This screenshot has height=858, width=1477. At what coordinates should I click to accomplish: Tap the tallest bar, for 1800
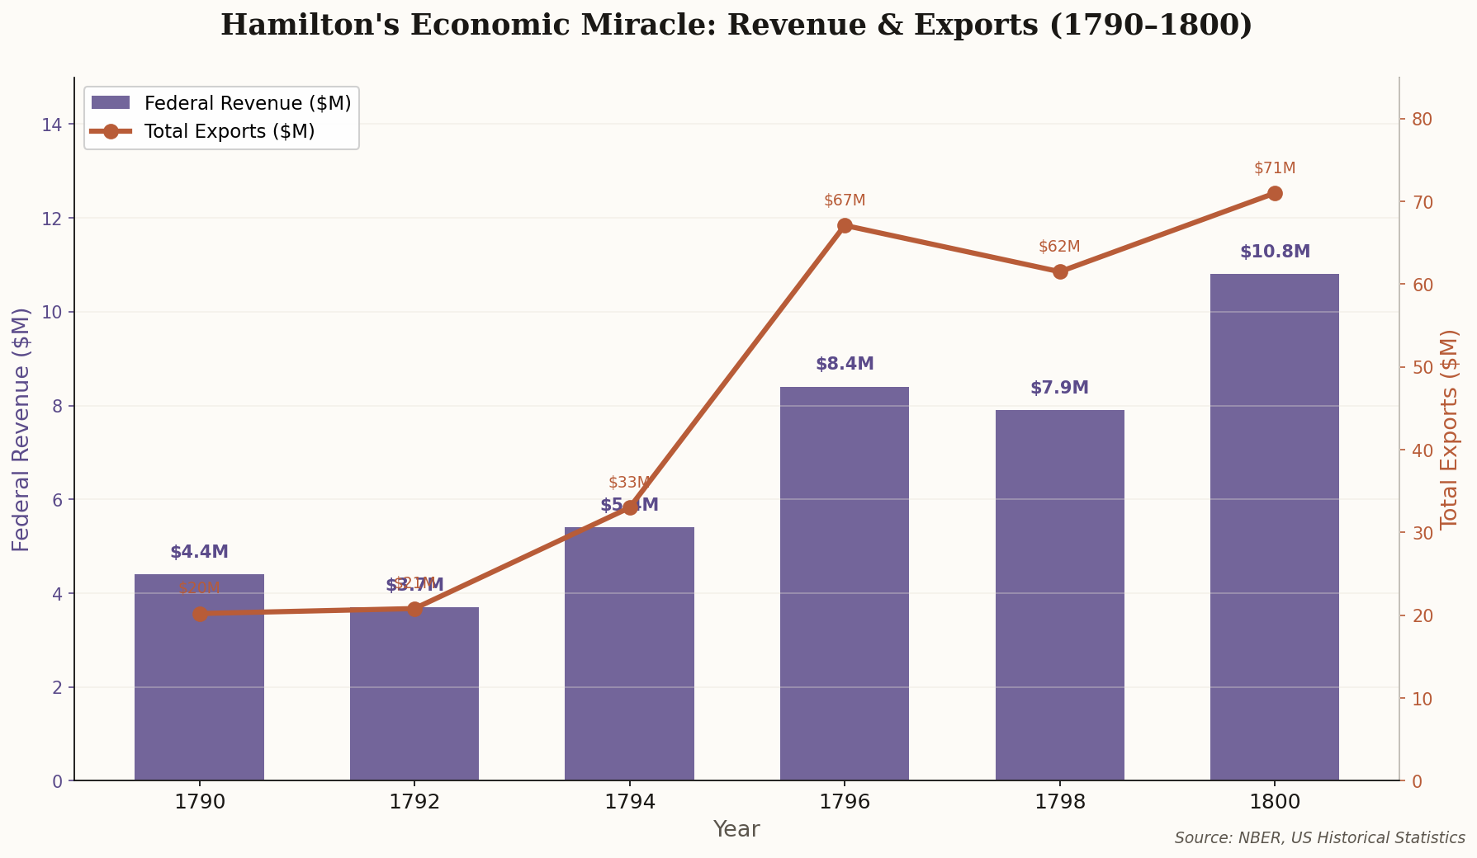click(1274, 527)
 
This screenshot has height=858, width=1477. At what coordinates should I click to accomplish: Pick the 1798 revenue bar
click(1059, 595)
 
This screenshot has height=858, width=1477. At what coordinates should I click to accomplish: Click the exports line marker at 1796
click(845, 226)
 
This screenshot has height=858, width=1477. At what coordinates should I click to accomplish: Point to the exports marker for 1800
click(1275, 194)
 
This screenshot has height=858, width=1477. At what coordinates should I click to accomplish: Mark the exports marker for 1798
click(1060, 271)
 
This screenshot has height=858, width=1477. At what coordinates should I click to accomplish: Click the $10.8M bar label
click(1275, 252)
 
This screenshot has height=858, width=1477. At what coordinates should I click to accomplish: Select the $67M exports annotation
click(845, 200)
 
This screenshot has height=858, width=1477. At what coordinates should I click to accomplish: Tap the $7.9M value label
click(1059, 388)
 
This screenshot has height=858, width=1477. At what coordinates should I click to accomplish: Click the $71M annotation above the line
click(1275, 168)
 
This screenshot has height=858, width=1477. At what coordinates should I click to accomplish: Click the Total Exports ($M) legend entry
click(229, 131)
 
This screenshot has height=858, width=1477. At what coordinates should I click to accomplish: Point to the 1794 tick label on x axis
click(630, 801)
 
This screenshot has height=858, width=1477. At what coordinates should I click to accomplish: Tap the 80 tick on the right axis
click(1421, 120)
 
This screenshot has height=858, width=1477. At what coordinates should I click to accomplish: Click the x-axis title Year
click(736, 829)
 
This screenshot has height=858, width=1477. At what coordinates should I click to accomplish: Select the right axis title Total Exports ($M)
click(1450, 429)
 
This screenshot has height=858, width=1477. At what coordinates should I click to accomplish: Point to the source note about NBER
click(1319, 838)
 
